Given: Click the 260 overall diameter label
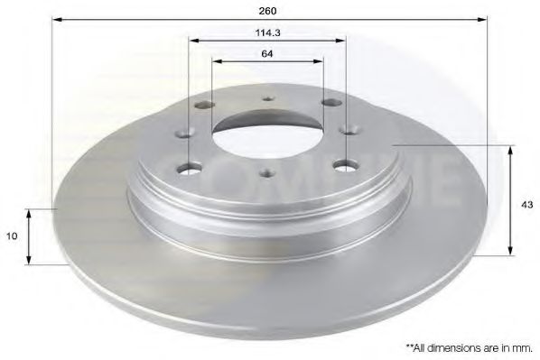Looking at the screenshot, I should click(x=267, y=11).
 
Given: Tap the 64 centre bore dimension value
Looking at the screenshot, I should click(x=267, y=53).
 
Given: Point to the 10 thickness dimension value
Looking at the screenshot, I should click(x=12, y=235).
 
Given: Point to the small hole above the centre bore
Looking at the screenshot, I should click(x=267, y=101).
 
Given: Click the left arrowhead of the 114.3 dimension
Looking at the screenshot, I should click(x=194, y=40).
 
